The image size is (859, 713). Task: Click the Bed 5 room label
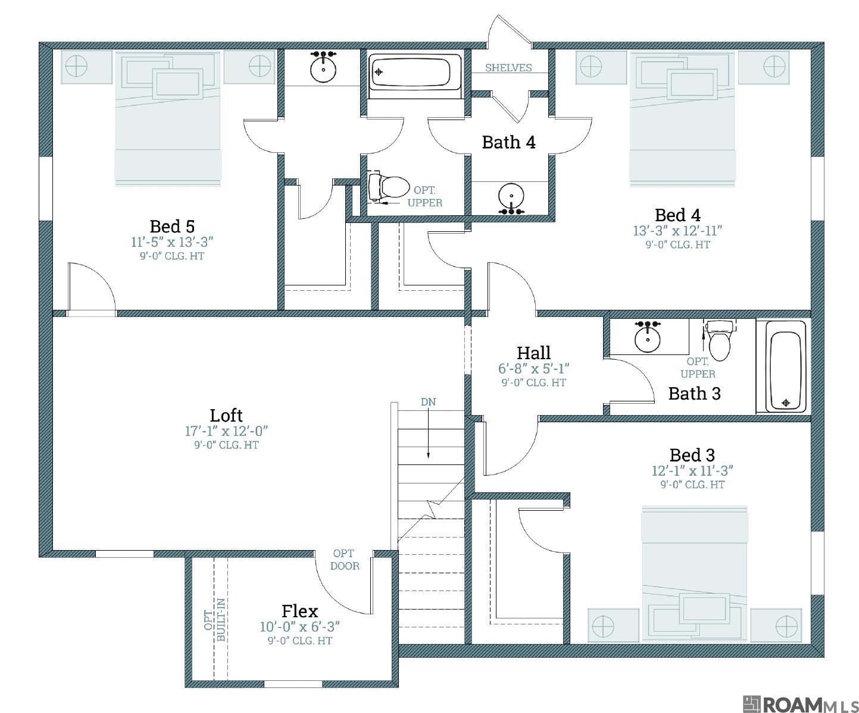click(172, 227)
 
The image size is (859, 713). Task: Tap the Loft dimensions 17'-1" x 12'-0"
click(226, 431)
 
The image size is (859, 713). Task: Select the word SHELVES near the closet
click(508, 68)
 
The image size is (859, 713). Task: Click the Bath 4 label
click(509, 142)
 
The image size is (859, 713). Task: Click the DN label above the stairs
click(428, 402)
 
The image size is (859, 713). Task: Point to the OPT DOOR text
click(344, 560)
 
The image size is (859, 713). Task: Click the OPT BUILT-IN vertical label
click(215, 620)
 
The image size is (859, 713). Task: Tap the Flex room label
click(300, 611)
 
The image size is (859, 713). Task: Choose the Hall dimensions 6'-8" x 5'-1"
click(533, 369)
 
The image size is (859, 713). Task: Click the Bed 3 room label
click(692, 455)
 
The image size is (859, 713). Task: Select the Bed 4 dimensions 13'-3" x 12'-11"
click(677, 231)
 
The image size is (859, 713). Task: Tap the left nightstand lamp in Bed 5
click(77, 66)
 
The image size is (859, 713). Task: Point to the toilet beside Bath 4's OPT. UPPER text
click(387, 187)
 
